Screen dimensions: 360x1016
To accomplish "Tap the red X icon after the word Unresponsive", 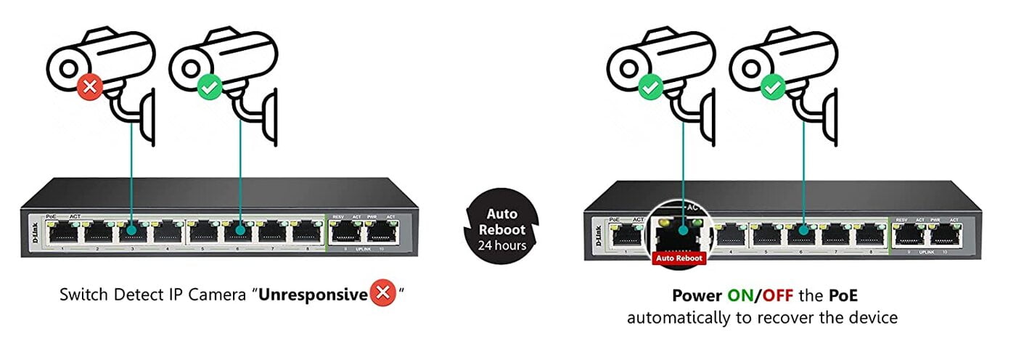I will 382,295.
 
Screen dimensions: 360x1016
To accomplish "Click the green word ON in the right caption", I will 740,296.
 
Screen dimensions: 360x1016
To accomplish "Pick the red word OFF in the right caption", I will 776,296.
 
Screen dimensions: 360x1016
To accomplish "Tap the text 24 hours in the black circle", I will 501,245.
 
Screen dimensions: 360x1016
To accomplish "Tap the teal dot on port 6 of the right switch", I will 803,233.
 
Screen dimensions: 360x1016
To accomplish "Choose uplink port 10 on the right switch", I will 943,233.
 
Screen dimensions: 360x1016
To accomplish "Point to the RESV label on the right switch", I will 901,219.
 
